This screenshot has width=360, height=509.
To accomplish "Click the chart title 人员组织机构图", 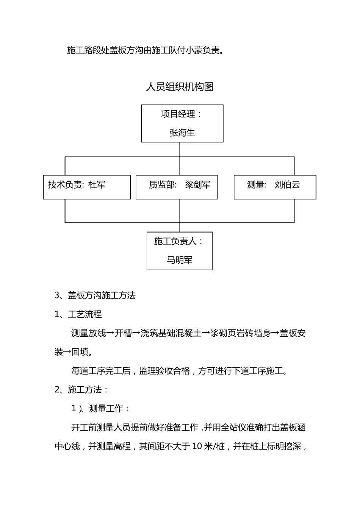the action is (x=180, y=87).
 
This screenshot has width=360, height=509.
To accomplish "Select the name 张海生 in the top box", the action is (x=182, y=133).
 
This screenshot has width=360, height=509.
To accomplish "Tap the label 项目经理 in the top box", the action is (x=178, y=114).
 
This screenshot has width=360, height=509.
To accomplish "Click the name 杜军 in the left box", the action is (x=97, y=185).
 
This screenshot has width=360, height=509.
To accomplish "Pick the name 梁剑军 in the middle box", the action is (x=197, y=185).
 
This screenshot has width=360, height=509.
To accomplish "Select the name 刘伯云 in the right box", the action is (x=287, y=185).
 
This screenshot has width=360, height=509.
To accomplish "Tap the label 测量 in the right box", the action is (x=255, y=185).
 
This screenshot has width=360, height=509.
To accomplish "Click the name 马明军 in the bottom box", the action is (x=180, y=260).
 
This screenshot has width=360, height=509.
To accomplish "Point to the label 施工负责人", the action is (x=175, y=241).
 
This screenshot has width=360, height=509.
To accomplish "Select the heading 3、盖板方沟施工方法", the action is (x=95, y=295).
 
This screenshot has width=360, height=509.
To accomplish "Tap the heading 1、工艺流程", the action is (x=78, y=314).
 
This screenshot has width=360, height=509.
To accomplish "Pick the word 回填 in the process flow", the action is (x=80, y=352).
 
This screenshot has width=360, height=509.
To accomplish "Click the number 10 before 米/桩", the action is (x=197, y=447).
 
